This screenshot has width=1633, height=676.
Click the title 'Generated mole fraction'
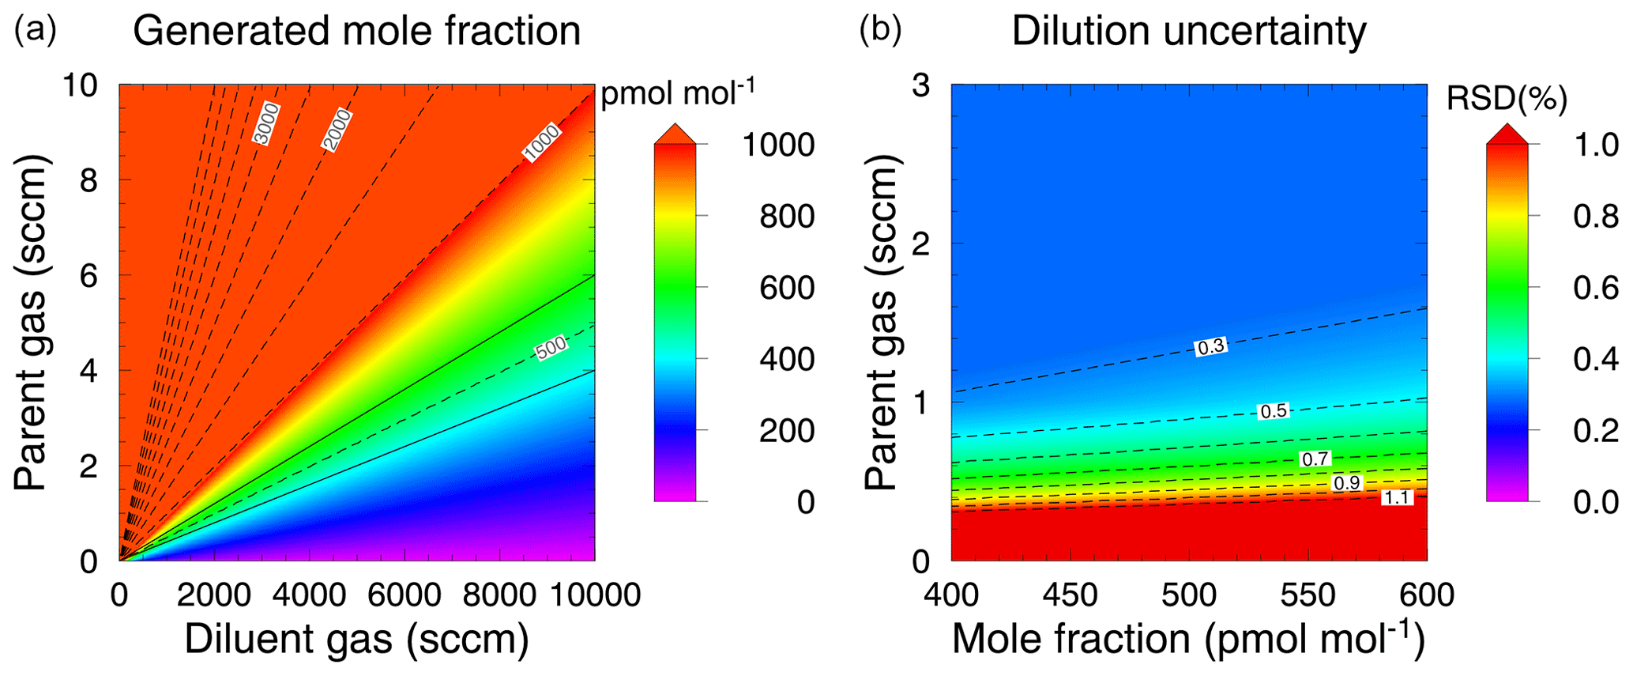[x=356, y=32]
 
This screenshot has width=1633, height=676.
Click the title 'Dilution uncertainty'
[x=1188, y=32]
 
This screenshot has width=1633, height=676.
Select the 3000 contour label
[x=266, y=123]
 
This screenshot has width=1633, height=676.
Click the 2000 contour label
[x=337, y=130]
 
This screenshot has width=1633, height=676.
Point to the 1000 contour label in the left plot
[x=542, y=144]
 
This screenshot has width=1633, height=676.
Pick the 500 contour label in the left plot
[x=551, y=348]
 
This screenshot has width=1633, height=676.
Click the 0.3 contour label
[x=1210, y=346]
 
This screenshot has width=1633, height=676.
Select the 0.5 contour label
[x=1273, y=411]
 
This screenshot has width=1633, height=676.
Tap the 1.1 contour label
[x=1397, y=497]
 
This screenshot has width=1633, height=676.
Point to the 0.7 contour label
[x=1315, y=459]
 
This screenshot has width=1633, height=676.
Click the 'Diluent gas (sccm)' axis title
[x=356, y=640]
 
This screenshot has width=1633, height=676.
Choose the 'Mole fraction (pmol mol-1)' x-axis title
[x=1188, y=640]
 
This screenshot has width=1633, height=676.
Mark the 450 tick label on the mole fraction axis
[x=1069, y=595]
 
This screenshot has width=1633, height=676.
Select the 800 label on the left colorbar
[x=787, y=216]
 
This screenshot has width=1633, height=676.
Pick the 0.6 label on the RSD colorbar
[x=1596, y=288]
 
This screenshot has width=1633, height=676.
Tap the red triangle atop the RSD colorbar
[x=1507, y=134]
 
